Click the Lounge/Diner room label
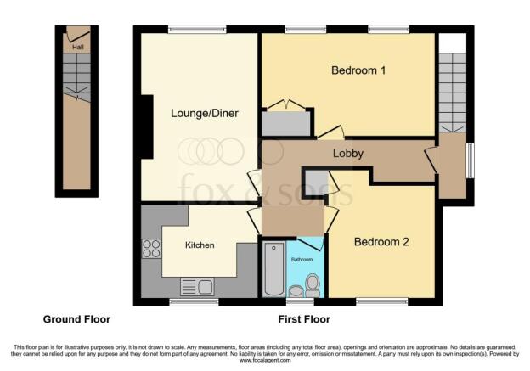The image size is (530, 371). coord(205,113)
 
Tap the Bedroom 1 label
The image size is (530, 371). coord(358,70)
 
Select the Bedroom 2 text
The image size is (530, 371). coord(381,242)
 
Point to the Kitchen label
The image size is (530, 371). coord(200,245)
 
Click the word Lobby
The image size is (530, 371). coord(348,154)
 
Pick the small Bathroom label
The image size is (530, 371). coord(302,260)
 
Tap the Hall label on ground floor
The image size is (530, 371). coord(78,47)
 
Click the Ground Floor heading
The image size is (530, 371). coord(76,319)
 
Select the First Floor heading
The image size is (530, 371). coord(304,319)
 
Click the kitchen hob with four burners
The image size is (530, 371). coord(151,249)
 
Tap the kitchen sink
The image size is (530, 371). coord(197,287)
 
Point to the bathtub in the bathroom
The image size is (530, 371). coord(273,268)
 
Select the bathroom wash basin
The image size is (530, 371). coord(296,291)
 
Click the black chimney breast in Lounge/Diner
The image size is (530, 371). coord(147,126)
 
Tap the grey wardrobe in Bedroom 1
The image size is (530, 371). coord(286,123)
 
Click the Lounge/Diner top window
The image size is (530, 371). coord(197,30)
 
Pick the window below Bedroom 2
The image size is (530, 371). coord(382,301)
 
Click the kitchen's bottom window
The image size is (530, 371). coord(194,301)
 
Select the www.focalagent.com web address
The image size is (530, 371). coord(265,361)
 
